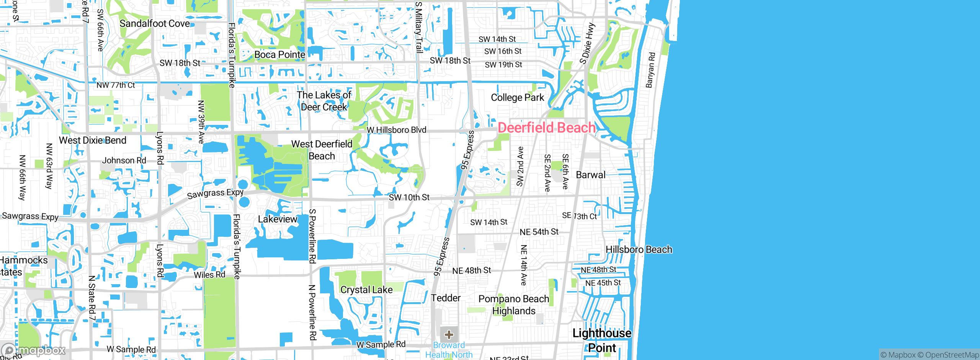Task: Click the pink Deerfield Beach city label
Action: [547, 128]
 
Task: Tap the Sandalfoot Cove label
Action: [155, 24]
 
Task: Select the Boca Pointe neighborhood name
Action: [279, 55]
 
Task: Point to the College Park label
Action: [517, 98]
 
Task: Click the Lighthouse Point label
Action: [602, 340]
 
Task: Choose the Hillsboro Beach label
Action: [639, 250]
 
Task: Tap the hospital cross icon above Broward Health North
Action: [449, 335]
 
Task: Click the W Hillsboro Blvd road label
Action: [396, 130]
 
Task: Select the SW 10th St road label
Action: [409, 198]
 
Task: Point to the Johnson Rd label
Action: [124, 160]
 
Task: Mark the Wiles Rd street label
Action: [209, 275]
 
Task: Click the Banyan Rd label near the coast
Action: [650, 70]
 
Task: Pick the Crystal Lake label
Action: [366, 290]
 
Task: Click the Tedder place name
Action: [446, 298]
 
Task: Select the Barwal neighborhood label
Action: [591, 175]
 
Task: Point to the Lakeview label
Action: [278, 219]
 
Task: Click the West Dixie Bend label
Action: [93, 141]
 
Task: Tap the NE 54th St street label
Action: [539, 232]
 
